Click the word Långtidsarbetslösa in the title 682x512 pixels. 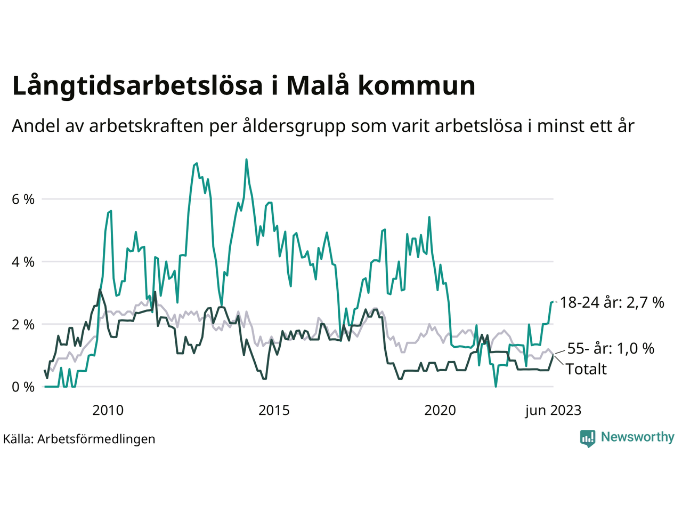(137, 86)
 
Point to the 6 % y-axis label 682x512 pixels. (23, 199)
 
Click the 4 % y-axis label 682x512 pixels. (23, 262)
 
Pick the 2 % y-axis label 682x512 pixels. (23, 325)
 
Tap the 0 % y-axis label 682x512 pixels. (23, 387)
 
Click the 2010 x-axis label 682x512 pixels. (108, 410)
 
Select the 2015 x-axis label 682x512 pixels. (274, 410)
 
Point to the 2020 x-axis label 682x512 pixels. (440, 410)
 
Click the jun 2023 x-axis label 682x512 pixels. (553, 410)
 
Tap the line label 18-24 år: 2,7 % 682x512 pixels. (612, 303)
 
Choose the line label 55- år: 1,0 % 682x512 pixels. (611, 349)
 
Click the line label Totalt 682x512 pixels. (586, 369)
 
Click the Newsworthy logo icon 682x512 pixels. (588, 438)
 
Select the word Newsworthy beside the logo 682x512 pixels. (637, 437)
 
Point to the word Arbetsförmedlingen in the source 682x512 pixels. (96, 439)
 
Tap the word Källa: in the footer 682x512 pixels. (19, 439)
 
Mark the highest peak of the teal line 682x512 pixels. (246, 159)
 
